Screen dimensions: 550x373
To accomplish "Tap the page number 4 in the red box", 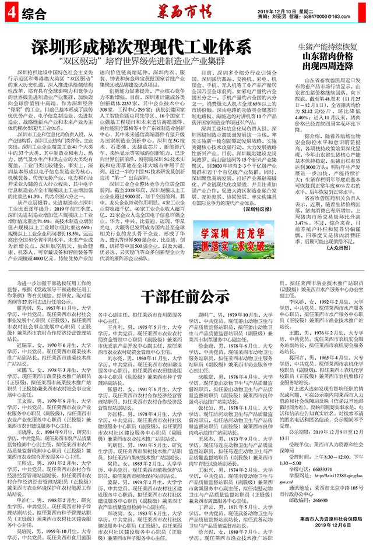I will pos(9,13).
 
